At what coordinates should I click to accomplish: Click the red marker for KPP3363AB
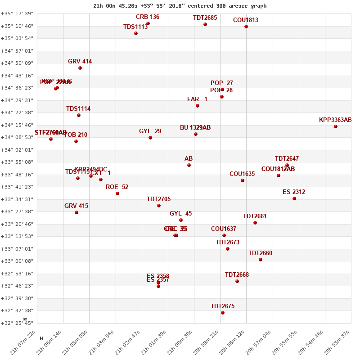pyautogui.click(x=336, y=126)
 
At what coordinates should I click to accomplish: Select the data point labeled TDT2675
pyautogui.click(x=223, y=313)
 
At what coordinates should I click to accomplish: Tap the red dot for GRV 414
pyautogui.click(x=80, y=68)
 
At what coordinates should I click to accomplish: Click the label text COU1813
pyautogui.click(x=246, y=20)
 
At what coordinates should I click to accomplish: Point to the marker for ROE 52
pyautogui.click(x=117, y=193)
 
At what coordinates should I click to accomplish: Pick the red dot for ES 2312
pyautogui.click(x=294, y=198)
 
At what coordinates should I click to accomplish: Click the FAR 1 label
pyautogui.click(x=197, y=99)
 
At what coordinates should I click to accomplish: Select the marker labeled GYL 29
pyautogui.click(x=150, y=138)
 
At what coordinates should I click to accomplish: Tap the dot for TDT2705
pyautogui.click(x=159, y=206)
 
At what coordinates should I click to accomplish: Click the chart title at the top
pyautogui.click(x=180, y=6)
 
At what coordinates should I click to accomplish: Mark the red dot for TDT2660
pyautogui.click(x=261, y=260)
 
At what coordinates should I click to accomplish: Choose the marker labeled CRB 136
pyautogui.click(x=148, y=23)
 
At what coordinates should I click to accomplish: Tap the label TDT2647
pyautogui.click(x=287, y=159)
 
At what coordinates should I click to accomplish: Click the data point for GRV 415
pyautogui.click(x=76, y=212)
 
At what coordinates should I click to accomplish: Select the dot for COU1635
pyautogui.click(x=243, y=180)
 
